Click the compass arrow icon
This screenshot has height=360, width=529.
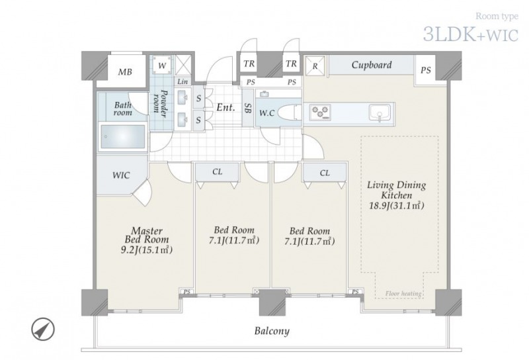(43, 330)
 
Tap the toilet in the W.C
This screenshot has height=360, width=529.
(290, 112)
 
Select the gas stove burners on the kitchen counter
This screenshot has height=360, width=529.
(320, 112)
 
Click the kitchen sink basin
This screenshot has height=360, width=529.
(380, 112)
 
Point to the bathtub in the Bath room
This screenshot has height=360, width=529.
(123, 136)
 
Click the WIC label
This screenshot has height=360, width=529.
(121, 175)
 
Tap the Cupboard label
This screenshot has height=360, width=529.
(372, 64)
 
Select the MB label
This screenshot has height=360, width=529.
(125, 72)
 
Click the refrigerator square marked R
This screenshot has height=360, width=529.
(315, 66)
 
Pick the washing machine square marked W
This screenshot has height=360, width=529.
(162, 65)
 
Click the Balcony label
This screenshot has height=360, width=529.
(272, 331)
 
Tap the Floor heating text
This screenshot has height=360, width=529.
(403, 293)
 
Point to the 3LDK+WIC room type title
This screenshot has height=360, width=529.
(471, 34)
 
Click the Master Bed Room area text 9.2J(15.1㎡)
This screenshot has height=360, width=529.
(147, 250)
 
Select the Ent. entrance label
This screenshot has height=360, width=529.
(225, 107)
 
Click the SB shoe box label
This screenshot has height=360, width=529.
(248, 108)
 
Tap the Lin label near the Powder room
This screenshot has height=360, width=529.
(183, 81)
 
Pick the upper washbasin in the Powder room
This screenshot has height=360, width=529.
(183, 96)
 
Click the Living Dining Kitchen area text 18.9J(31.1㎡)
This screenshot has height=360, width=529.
(396, 205)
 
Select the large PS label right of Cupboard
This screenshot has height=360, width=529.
(426, 70)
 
